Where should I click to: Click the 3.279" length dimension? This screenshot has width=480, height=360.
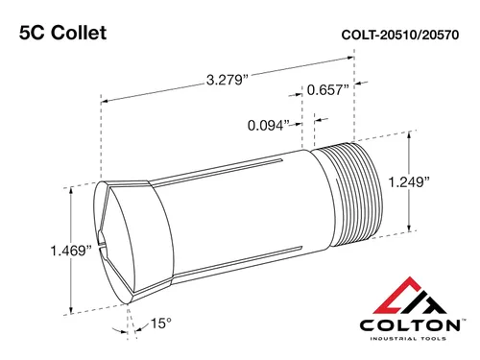coord(228,80)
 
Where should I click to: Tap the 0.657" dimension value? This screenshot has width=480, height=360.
coord(327,90)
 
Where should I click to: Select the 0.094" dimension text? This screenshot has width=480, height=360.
coord(269,125)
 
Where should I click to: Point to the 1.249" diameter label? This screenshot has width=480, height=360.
coord(409,182)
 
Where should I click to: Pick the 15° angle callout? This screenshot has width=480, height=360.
coord(161,324)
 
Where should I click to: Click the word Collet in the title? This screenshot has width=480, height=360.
coord(79,33)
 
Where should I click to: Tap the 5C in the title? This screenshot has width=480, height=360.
coord(32,33)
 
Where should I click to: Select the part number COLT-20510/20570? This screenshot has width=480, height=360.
coord(400,35)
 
